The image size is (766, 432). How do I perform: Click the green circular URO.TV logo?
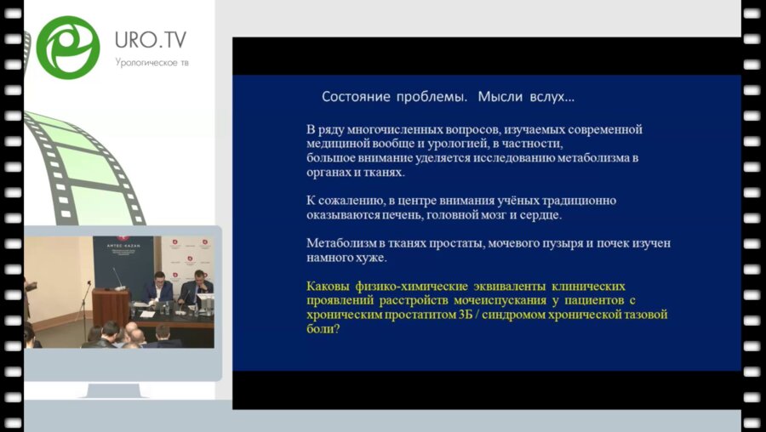[x=68, y=47]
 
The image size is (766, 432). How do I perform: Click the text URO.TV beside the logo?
[x=151, y=40]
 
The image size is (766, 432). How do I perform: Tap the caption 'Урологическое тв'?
[x=151, y=62]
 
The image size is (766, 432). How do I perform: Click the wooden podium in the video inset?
[x=111, y=306]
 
